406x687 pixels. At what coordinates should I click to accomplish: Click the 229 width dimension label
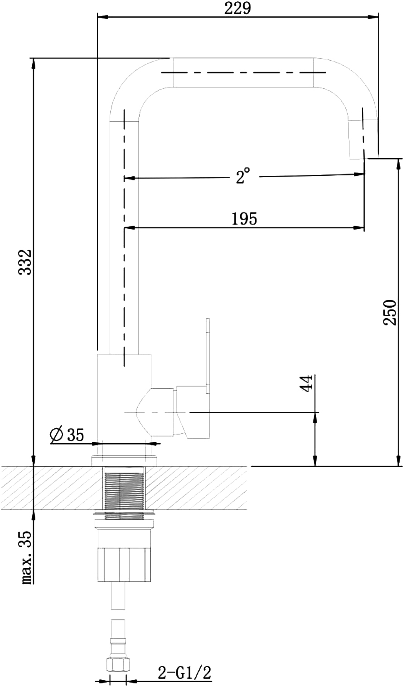[x=237, y=8]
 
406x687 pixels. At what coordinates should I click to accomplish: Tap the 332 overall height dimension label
[x=25, y=262]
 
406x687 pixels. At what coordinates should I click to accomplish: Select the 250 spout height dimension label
[x=390, y=313]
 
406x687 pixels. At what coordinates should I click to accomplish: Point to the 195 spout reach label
[x=244, y=219]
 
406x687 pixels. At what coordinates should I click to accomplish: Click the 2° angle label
[x=243, y=176]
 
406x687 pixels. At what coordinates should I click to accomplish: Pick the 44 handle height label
[x=306, y=383]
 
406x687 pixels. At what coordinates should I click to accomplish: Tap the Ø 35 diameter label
[x=67, y=435]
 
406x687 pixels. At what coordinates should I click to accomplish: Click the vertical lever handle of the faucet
[x=208, y=356]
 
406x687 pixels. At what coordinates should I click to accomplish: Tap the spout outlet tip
[x=357, y=158]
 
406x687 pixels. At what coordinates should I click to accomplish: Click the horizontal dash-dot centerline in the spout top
[x=243, y=73]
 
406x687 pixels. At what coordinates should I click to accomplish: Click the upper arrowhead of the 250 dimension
[x=398, y=164]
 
